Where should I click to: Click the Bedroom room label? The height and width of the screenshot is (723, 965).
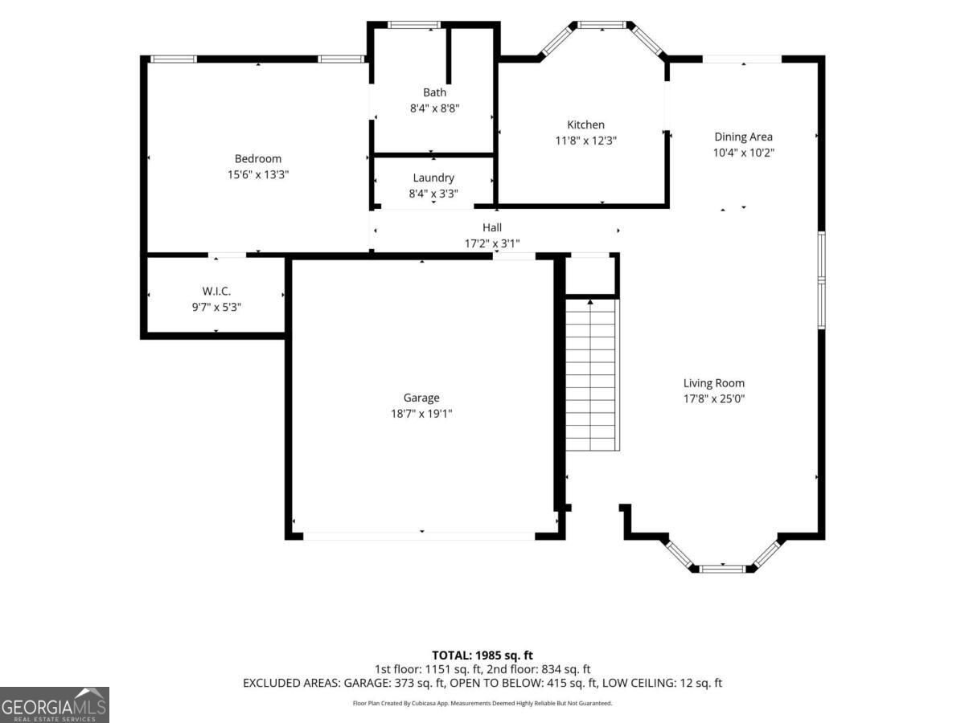pyautogui.click(x=257, y=158)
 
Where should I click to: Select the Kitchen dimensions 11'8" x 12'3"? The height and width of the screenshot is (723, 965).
pyautogui.click(x=585, y=141)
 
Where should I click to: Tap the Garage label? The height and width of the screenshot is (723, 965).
pyautogui.click(x=421, y=398)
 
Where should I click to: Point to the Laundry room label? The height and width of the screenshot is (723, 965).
pyautogui.click(x=433, y=178)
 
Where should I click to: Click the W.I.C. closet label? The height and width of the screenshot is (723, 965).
pyautogui.click(x=216, y=291)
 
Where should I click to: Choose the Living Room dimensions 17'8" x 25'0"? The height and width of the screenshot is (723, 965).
pyautogui.click(x=714, y=398)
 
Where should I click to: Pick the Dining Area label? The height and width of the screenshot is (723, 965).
pyautogui.click(x=743, y=137)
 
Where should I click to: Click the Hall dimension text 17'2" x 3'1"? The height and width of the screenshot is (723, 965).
pyautogui.click(x=492, y=243)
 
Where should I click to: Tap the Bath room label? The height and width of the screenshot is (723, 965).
pyautogui.click(x=434, y=92)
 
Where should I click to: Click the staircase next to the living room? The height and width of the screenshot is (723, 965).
pyautogui.click(x=592, y=375)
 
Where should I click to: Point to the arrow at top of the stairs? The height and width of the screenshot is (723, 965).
pyautogui.click(x=590, y=302)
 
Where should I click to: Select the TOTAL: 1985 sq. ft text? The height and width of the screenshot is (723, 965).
pyautogui.click(x=482, y=656)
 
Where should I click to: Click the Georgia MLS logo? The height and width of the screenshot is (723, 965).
pyautogui.click(x=55, y=705)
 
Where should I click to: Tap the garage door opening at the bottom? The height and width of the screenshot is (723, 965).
pyautogui.click(x=419, y=536)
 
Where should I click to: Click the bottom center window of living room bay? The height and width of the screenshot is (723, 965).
pyautogui.click(x=722, y=569)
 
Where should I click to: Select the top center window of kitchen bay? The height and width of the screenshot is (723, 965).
pyautogui.click(x=602, y=25)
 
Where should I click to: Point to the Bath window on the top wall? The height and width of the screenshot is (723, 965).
pyautogui.click(x=413, y=25)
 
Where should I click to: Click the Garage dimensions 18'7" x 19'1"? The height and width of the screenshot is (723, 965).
pyautogui.click(x=421, y=414)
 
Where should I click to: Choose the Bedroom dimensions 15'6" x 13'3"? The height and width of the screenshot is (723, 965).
pyautogui.click(x=257, y=174)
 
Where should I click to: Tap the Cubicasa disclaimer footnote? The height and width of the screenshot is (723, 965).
pyautogui.click(x=482, y=703)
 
